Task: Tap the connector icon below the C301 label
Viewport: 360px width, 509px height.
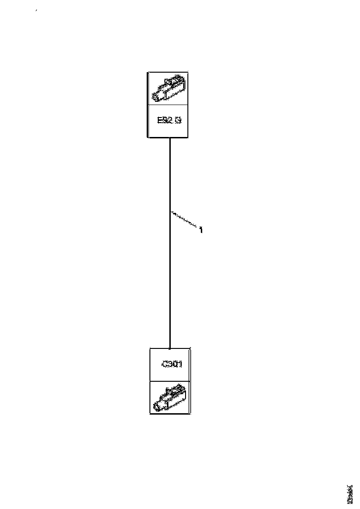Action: (x=170, y=397)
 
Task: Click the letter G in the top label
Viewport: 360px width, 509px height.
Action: (x=178, y=121)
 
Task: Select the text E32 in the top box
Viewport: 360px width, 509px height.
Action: (x=163, y=121)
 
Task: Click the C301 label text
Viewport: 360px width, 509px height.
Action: (x=170, y=365)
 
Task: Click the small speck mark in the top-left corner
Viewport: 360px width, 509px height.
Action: (x=36, y=10)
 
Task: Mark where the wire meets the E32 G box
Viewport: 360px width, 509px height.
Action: (x=170, y=138)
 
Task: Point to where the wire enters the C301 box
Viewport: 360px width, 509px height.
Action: (x=170, y=348)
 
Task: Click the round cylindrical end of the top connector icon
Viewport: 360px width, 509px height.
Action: (x=157, y=97)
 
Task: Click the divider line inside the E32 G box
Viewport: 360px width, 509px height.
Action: (x=168, y=105)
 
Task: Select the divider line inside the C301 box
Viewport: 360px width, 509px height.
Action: (x=170, y=381)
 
